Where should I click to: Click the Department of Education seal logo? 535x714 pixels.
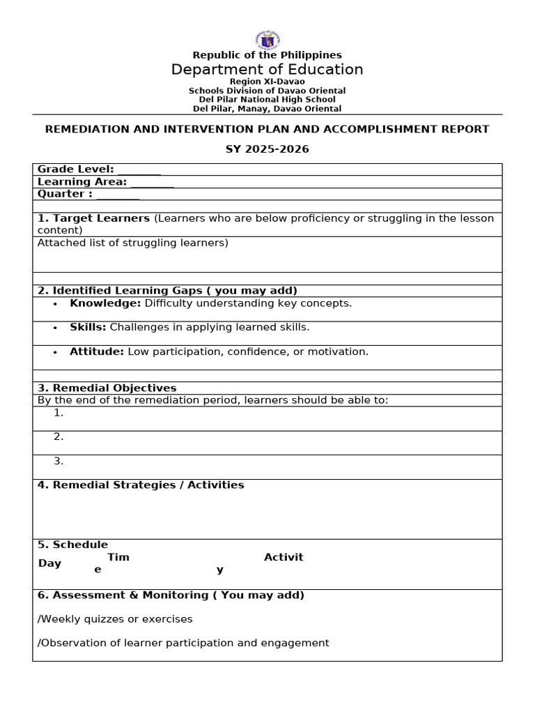[x=267, y=40]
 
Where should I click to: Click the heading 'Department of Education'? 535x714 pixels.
[x=267, y=70]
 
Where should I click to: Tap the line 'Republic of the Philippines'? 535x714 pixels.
[x=267, y=55]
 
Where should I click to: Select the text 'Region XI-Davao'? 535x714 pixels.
[x=267, y=82]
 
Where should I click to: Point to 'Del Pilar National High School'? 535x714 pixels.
[x=267, y=100]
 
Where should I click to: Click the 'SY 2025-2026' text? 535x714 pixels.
[x=267, y=149]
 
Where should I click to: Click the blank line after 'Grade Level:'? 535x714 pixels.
[x=139, y=170]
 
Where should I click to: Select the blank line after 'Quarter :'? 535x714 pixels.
[x=118, y=195]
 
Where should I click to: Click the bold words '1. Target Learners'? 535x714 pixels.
[x=93, y=218]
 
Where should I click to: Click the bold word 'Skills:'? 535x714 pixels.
[x=88, y=327]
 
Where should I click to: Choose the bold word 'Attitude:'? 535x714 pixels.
[x=97, y=351]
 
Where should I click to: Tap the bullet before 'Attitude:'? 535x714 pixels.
[x=55, y=352]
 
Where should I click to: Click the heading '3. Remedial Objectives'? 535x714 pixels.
[x=107, y=388]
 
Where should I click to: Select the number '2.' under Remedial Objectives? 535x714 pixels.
[x=59, y=436]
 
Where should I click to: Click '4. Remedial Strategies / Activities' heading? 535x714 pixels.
[x=141, y=485]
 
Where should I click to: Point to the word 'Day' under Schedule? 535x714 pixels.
[x=49, y=563]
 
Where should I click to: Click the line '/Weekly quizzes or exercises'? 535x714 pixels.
[x=115, y=619]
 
